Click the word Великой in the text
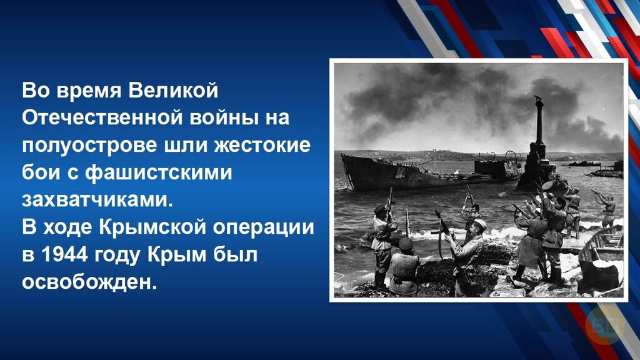coord(173,90)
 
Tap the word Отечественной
coord(103,117)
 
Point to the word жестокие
coord(262,145)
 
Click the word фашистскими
coord(158,173)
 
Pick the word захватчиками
coord(97,201)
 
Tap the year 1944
coord(64,255)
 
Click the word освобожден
coord(89,282)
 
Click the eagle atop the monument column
coord(539,99)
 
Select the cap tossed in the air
coord(547,185)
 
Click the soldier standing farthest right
coord(607,210)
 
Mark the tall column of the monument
coord(539,122)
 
